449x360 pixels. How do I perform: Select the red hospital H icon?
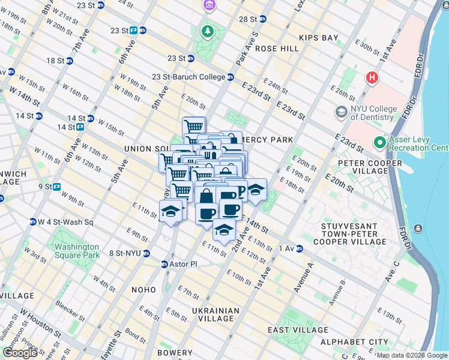click(372, 78)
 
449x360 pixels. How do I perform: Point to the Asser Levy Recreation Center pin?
click(380, 143)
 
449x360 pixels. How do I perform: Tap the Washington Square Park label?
click(76, 251)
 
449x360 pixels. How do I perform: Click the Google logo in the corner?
click(20, 353)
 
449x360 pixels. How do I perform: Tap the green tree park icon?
click(208, 31)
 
